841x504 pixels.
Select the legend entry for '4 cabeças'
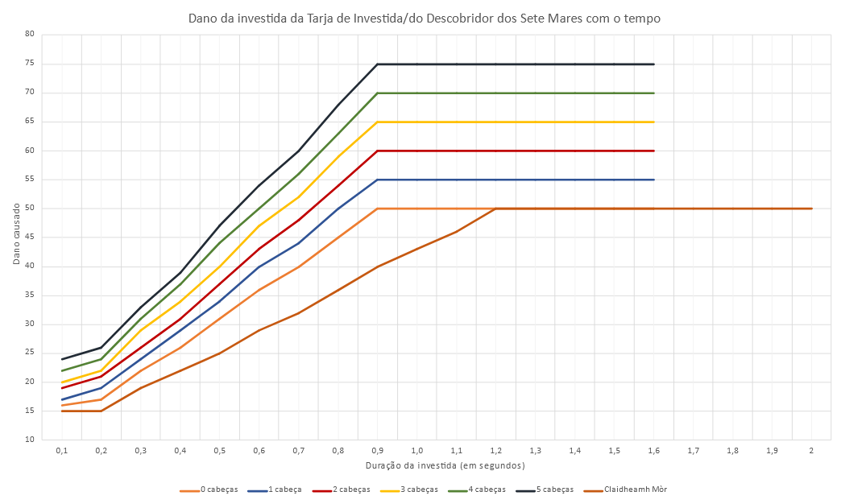[x=485, y=489]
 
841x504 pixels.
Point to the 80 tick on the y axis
[x=29, y=34]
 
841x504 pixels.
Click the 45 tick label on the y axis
[x=29, y=238]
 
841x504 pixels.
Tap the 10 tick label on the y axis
[x=29, y=440]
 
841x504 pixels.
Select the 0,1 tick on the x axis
[x=61, y=451]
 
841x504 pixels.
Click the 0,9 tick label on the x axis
[x=377, y=451]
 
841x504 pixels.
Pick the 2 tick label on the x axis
[x=811, y=451]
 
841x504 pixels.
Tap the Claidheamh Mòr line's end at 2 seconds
[x=811, y=209]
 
